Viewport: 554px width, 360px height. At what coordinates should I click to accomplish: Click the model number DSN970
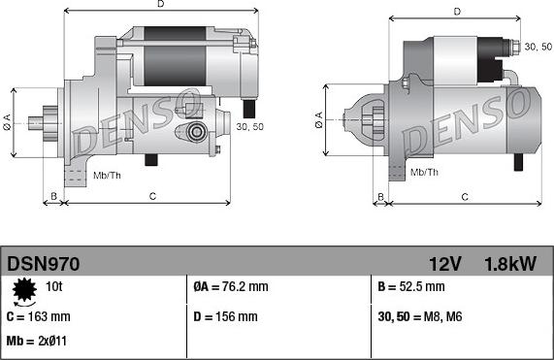tap(43, 264)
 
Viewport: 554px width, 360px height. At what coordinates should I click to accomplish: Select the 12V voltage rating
tap(445, 264)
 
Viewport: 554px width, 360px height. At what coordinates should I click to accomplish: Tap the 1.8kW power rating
tap(510, 264)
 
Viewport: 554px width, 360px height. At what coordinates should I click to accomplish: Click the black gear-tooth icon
tap(24, 290)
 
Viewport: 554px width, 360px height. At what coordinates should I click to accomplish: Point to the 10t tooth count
tap(53, 286)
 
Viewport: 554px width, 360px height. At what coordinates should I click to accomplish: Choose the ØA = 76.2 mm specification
tap(231, 286)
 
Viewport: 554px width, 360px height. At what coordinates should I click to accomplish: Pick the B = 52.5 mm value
tap(411, 286)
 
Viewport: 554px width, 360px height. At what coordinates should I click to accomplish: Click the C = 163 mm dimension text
tap(39, 316)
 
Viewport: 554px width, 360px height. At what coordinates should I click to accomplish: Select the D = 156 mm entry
tap(225, 316)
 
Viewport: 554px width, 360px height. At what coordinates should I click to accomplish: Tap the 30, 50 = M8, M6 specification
tap(420, 316)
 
